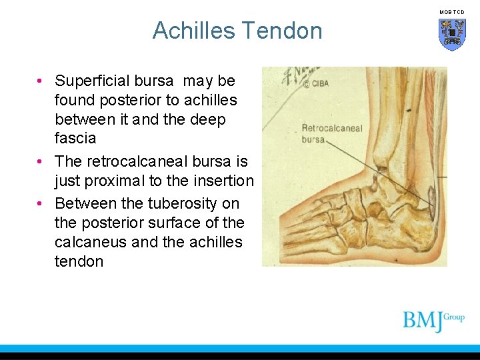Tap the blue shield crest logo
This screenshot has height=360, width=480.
(452, 34)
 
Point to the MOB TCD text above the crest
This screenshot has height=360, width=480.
(452, 12)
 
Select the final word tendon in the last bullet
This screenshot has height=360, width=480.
(79, 261)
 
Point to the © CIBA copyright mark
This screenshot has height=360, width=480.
(316, 85)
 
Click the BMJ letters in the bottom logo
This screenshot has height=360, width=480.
(422, 321)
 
